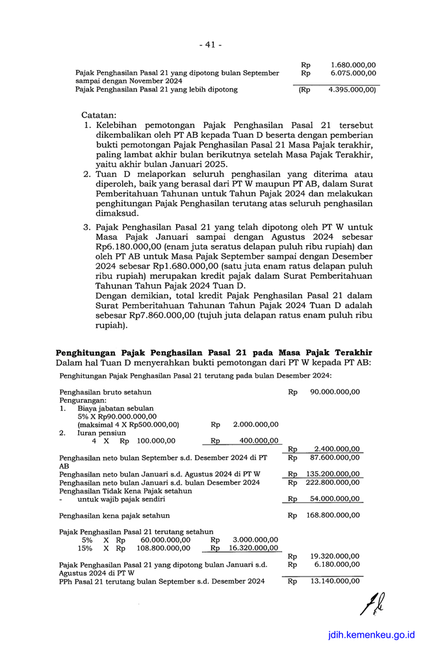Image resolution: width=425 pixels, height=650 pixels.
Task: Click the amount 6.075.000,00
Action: coord(353,73)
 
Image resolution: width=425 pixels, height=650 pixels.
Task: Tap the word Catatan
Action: coord(99,114)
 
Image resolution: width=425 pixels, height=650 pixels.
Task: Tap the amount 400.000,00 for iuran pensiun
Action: coord(259,441)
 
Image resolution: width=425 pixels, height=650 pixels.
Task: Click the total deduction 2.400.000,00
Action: coord(337,449)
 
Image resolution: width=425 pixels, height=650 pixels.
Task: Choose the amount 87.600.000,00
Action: coord(335,458)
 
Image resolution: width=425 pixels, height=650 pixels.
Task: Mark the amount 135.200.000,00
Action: coord(333,474)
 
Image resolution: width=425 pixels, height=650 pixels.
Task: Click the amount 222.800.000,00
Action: coord(333,482)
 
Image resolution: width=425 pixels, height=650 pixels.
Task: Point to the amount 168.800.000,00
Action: coord(333,515)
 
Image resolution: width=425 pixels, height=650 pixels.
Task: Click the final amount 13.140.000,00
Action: coord(335,581)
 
